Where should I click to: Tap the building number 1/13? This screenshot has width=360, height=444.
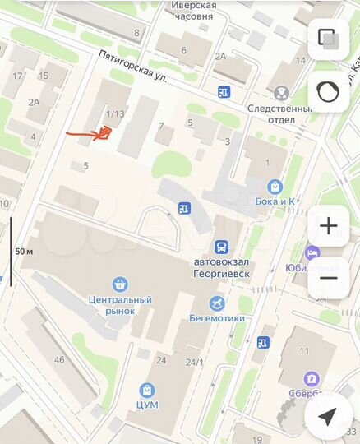click(115, 113)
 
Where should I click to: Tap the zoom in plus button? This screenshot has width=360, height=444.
click(328, 226)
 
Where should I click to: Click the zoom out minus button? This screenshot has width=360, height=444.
click(328, 277)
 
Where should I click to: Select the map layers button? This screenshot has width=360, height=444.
click(328, 39)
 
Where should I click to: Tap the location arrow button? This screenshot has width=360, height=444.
click(327, 418)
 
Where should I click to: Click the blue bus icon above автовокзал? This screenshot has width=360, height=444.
click(220, 247)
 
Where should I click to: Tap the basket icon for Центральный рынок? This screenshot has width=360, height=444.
click(120, 284)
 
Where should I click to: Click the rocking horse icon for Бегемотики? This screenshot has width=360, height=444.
click(217, 304)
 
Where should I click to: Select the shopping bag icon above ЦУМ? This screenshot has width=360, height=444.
click(147, 390)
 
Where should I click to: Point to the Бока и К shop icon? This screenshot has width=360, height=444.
click(274, 186)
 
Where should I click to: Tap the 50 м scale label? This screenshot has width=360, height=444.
click(25, 251)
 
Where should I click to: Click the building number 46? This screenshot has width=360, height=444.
click(58, 359)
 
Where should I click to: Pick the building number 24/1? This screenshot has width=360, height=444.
click(194, 361)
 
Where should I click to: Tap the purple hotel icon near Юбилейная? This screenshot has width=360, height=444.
click(312, 252)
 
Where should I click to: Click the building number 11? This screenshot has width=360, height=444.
click(304, 351)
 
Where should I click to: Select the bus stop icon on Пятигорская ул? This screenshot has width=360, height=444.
click(224, 92)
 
